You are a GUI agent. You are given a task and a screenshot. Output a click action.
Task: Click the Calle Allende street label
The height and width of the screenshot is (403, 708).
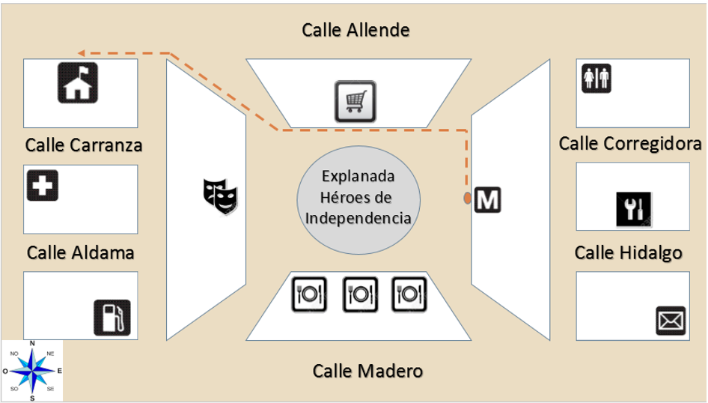click(x=355, y=31)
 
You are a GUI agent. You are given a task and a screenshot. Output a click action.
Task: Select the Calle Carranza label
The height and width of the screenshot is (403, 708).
click(x=83, y=144)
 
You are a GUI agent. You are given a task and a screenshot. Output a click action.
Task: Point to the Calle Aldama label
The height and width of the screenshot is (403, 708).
click(x=81, y=252)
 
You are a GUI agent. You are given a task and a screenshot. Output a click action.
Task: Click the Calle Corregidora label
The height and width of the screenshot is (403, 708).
click(x=630, y=143)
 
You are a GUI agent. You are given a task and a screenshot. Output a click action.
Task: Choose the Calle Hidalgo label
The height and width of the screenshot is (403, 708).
click(x=628, y=252)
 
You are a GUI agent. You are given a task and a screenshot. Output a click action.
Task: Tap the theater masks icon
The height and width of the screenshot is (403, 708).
click(x=221, y=194)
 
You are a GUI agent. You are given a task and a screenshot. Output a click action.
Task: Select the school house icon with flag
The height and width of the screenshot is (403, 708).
click(x=79, y=82)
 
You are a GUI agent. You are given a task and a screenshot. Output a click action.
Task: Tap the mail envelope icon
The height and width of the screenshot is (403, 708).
click(x=670, y=320)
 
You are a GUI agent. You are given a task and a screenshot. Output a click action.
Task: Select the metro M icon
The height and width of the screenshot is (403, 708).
click(x=488, y=199)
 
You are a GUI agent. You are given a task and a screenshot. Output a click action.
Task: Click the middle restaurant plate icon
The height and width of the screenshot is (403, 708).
click(x=359, y=294)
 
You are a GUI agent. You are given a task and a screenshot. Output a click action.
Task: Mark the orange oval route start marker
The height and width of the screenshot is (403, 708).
click(x=467, y=199)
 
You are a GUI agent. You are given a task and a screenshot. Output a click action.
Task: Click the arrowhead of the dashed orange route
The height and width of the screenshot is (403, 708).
click(x=82, y=52)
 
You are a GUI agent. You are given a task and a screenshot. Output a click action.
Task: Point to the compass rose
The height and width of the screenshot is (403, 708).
click(x=32, y=370)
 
